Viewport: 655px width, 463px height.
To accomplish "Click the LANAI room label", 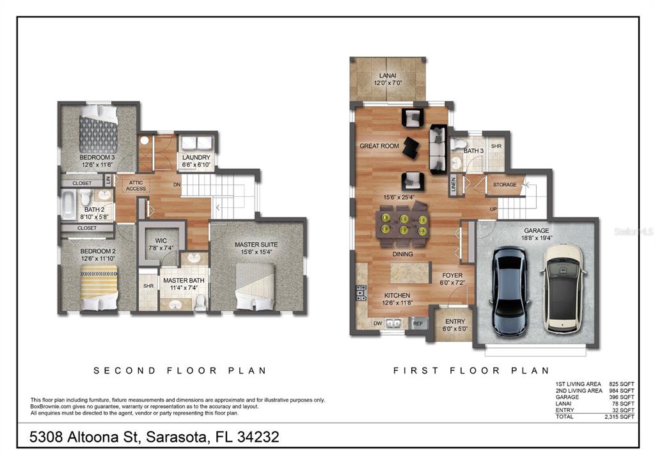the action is coord(388,75).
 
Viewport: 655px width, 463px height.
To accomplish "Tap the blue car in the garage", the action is coord(510,292).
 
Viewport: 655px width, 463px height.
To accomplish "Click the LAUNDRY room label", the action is coord(196,157).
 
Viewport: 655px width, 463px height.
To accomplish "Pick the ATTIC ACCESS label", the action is coord(136,186).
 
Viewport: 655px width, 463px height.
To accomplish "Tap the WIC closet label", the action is coord(161,240).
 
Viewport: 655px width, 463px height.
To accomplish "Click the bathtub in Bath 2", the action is coord(68,205).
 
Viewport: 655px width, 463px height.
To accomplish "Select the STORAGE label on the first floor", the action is coord(505,185).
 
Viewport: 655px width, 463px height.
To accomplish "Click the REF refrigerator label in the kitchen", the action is coord(418,324).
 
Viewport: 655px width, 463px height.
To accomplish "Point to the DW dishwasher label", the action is coord(377,324).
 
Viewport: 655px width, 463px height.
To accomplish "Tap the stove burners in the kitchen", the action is coord(361,293).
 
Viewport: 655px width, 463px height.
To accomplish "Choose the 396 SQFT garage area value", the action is coord(622,397).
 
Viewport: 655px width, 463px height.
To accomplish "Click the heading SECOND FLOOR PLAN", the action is coord(180,370).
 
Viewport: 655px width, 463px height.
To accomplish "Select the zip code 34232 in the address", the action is coord(258,437).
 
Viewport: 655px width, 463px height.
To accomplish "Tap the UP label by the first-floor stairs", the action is coord(493,209).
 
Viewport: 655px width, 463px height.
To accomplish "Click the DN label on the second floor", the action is coord(177,185).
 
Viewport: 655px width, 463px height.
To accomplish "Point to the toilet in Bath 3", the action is coord(458,145).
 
